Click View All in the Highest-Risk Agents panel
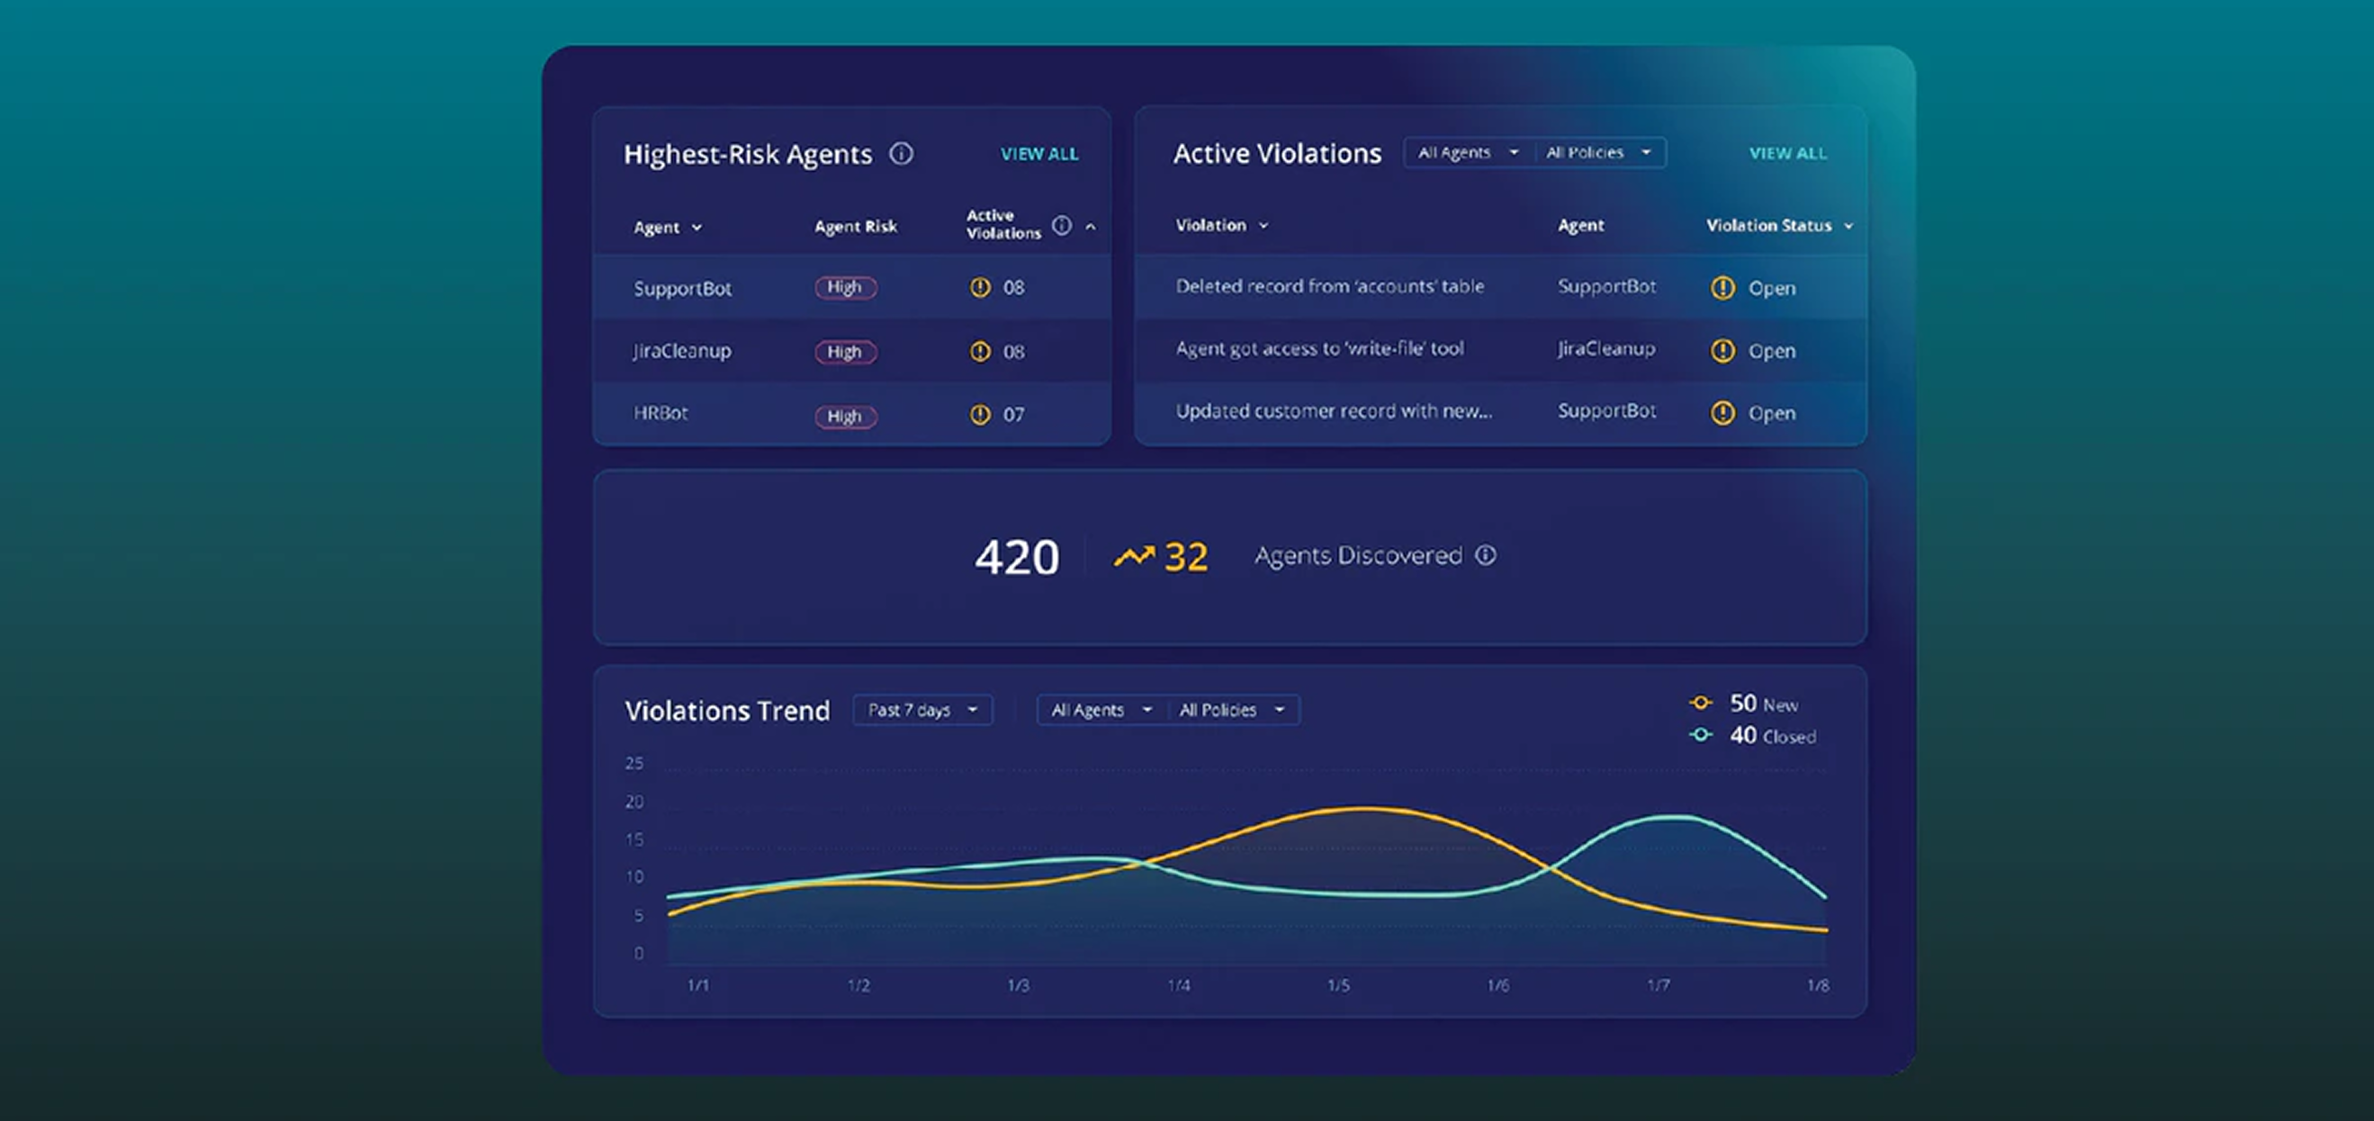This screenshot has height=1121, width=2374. click(1039, 154)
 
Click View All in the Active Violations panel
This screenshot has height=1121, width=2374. click(1787, 153)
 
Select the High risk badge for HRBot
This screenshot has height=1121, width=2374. click(845, 417)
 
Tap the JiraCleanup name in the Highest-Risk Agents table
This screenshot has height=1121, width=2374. click(682, 351)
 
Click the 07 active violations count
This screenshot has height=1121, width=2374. click(1012, 415)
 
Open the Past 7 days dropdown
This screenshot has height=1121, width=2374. click(922, 710)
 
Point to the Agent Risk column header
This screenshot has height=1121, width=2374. click(855, 227)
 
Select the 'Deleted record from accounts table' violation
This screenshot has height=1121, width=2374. click(1330, 286)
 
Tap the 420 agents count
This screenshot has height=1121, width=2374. click(1017, 557)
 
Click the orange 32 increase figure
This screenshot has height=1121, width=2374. click(1185, 557)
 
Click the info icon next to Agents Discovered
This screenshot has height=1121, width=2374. click(1486, 555)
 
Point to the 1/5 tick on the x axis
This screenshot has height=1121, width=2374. click(1338, 985)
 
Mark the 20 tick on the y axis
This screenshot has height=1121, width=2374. click(634, 802)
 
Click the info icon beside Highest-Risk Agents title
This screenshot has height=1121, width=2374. click(902, 154)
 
